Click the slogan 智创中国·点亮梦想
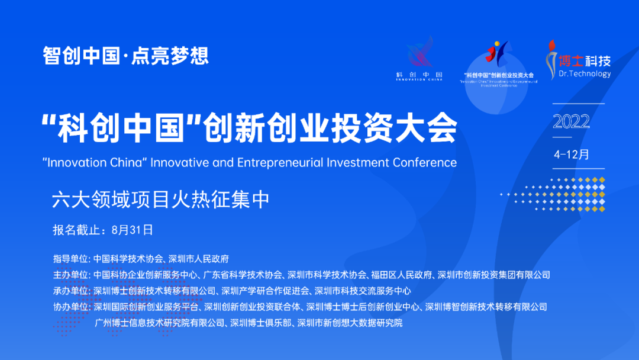(125, 56)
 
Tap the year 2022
(571, 121)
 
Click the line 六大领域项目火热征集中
(161, 199)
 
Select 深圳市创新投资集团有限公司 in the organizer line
(494, 275)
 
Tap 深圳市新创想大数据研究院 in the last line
(349, 323)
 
